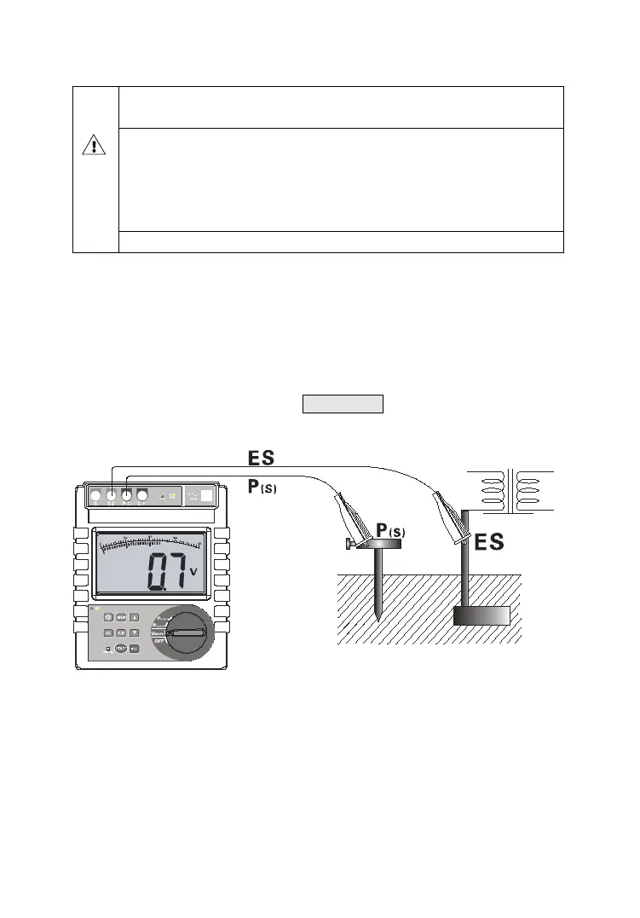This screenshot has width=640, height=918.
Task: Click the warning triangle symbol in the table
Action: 94,146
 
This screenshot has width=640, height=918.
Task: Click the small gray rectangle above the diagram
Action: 343,403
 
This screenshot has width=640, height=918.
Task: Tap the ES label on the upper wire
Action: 262,458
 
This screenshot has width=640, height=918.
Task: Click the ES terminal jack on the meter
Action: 112,495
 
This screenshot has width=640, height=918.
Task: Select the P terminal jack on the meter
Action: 127,495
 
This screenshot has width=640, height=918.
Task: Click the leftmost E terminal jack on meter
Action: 95,495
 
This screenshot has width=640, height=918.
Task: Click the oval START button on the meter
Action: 120,650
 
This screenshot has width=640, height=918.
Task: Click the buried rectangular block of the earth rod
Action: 481,615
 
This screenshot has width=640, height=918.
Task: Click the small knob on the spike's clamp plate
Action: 349,543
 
